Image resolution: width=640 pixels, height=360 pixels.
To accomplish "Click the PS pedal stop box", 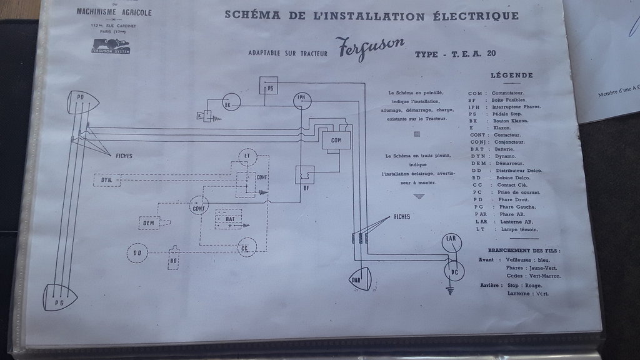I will coord(270,87).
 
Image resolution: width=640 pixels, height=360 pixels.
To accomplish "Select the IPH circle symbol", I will coord(302,99).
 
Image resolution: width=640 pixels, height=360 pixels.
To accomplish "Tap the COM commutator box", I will coord(336,141).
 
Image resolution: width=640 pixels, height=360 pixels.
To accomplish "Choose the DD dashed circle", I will coord(137,253).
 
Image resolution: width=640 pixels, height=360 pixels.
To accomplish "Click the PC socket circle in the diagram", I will coord(454,270).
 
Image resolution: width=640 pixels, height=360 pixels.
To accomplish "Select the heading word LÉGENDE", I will coord(512,76).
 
